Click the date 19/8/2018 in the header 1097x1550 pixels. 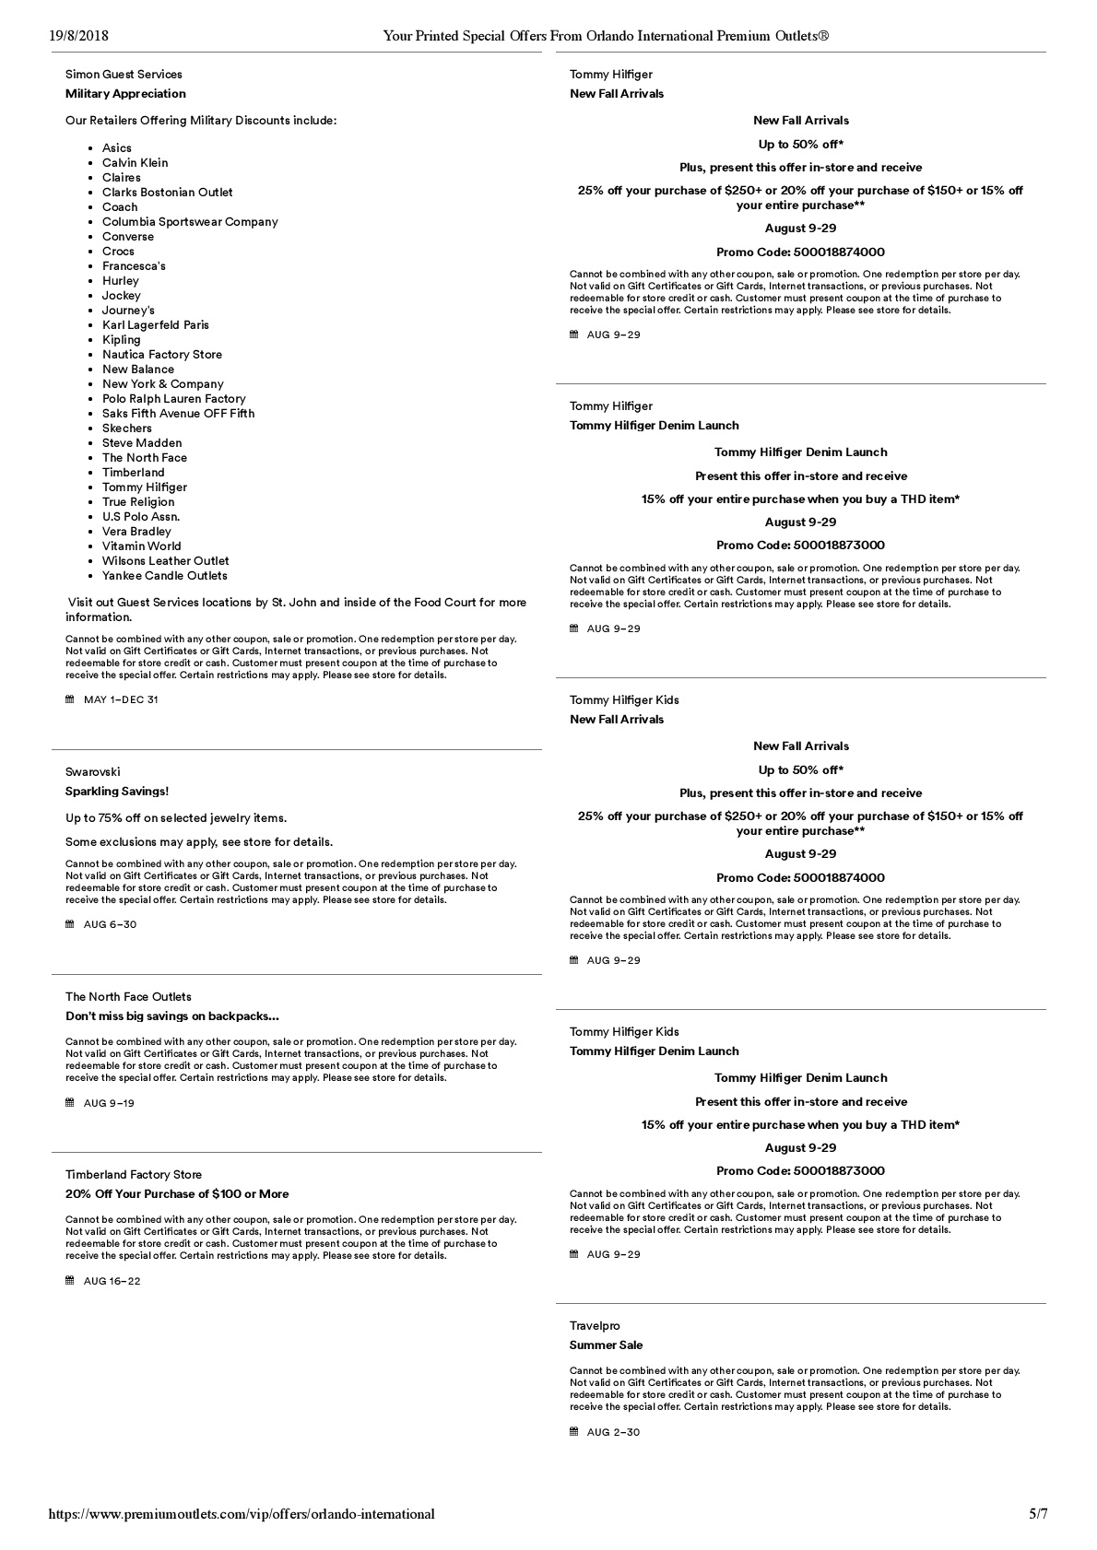click(x=78, y=36)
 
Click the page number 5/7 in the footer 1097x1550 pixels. click(x=1038, y=1513)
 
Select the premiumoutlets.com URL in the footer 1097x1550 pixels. click(x=242, y=1513)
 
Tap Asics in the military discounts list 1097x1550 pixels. click(x=117, y=147)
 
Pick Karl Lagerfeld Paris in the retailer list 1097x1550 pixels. click(x=155, y=324)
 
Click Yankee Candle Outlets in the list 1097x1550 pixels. click(x=164, y=575)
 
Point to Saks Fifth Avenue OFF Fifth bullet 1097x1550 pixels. click(x=178, y=413)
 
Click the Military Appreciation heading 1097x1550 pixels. click(x=125, y=93)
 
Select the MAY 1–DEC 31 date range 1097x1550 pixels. click(x=121, y=699)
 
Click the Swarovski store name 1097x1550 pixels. click(x=92, y=771)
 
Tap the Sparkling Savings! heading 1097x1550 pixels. click(x=117, y=791)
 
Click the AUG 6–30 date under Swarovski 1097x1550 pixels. click(x=110, y=924)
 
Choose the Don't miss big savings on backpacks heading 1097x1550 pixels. click(x=171, y=1016)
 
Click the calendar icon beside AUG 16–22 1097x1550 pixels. click(x=70, y=1280)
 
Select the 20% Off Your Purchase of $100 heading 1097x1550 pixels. click(x=177, y=1193)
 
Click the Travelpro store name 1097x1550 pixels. click(x=595, y=1325)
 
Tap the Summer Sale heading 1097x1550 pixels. click(x=606, y=1345)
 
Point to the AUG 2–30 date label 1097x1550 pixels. click(x=613, y=1432)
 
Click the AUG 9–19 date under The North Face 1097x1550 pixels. click(x=109, y=1103)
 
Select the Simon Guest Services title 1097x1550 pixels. click(x=124, y=74)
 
